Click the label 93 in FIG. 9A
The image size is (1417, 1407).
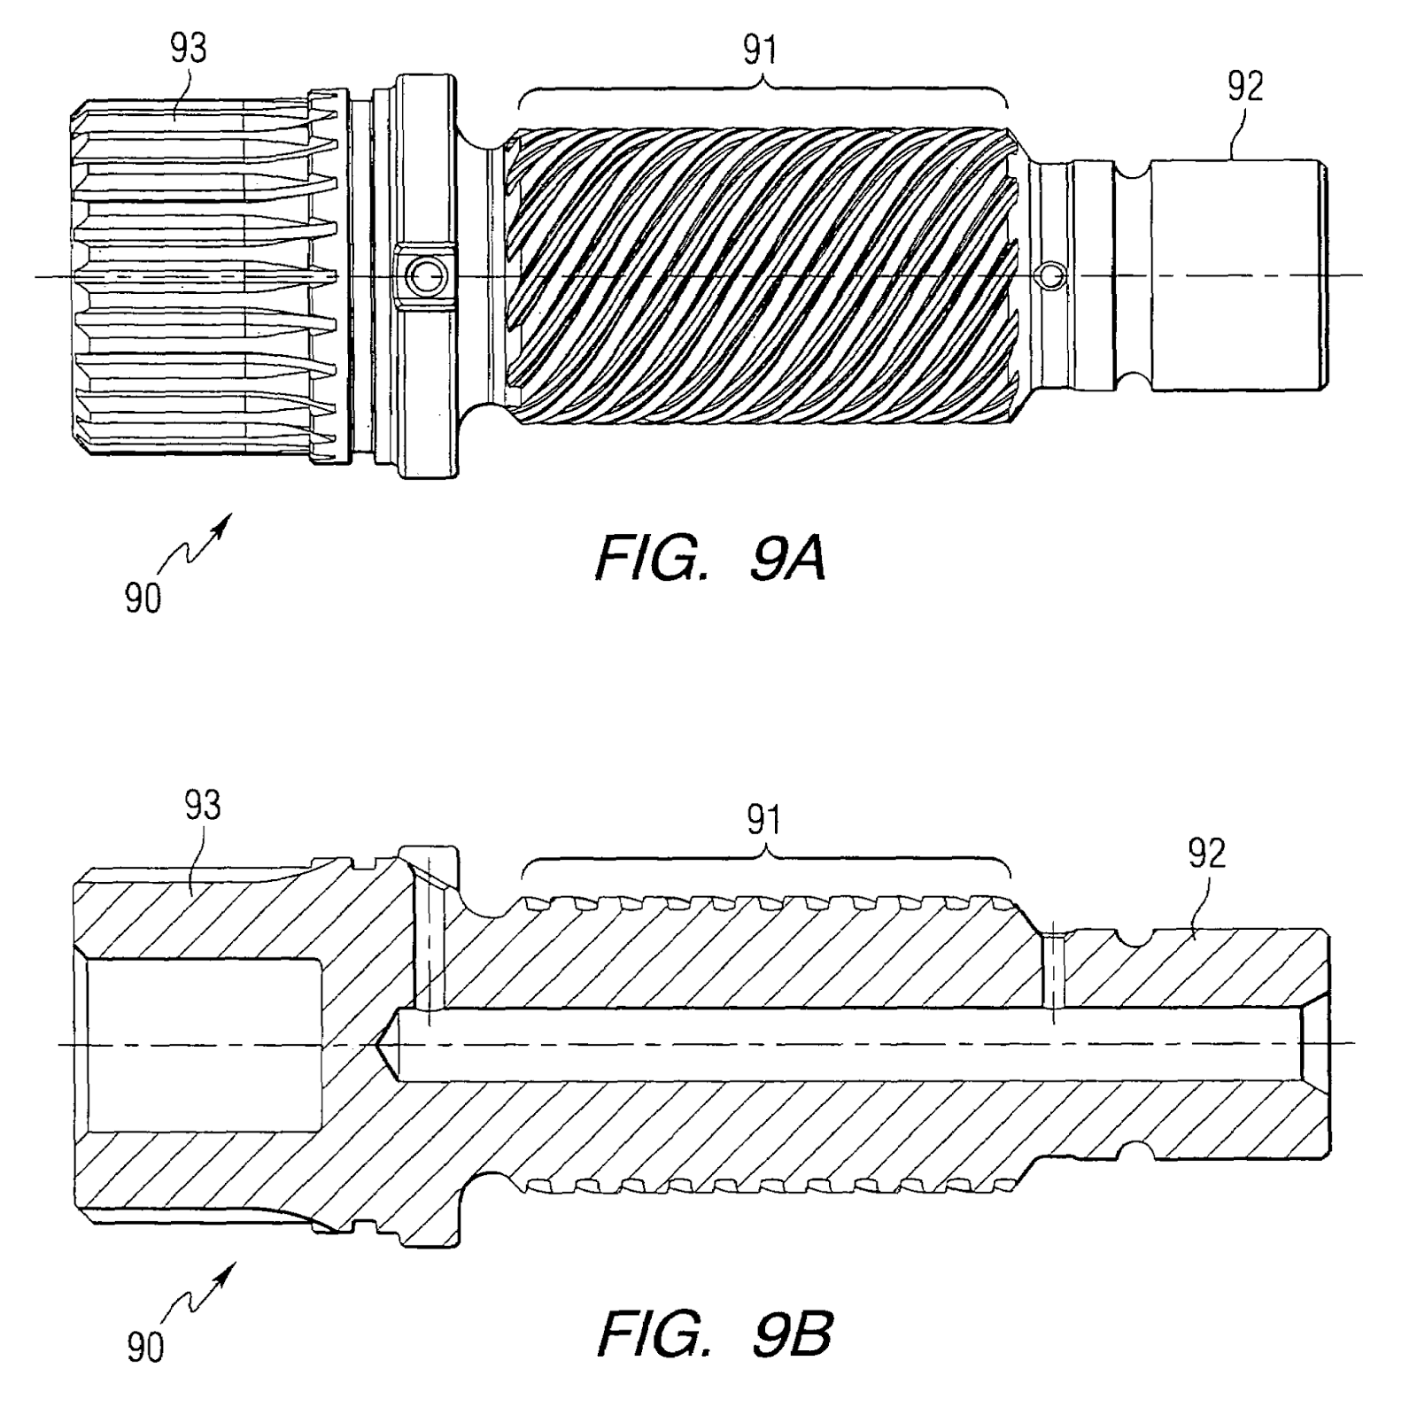pyautogui.click(x=188, y=49)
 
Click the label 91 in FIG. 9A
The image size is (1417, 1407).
pyautogui.click(x=760, y=50)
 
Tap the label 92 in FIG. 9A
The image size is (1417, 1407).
pyautogui.click(x=1244, y=87)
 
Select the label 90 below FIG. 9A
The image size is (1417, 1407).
pyautogui.click(x=143, y=599)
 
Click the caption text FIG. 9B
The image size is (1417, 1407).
pyautogui.click(x=714, y=1334)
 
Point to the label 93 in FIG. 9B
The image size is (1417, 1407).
pyautogui.click(x=202, y=805)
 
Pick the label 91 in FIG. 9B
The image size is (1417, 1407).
pyautogui.click(x=763, y=821)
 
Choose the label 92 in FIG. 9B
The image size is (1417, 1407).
pyautogui.click(x=1207, y=853)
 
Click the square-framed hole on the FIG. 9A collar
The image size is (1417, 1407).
pyautogui.click(x=423, y=277)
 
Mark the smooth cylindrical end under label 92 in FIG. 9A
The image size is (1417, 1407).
pyautogui.click(x=1235, y=274)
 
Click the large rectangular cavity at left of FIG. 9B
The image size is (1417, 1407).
pyautogui.click(x=204, y=1045)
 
